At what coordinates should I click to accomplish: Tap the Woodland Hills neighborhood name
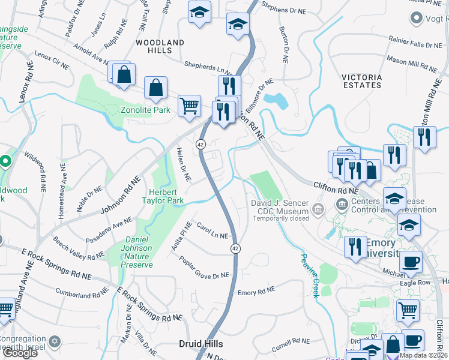tap(160, 47)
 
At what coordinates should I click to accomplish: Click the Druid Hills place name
tap(201, 344)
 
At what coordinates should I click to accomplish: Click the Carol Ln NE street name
tap(212, 232)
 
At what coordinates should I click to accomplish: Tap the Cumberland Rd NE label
tap(81, 295)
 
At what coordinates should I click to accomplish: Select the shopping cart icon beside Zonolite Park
tap(189, 105)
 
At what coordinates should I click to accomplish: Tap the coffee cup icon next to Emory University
tap(411, 262)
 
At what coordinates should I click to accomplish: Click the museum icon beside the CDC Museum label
tap(318, 209)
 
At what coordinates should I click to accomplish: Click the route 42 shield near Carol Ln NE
tap(235, 248)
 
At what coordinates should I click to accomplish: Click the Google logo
tap(20, 353)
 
